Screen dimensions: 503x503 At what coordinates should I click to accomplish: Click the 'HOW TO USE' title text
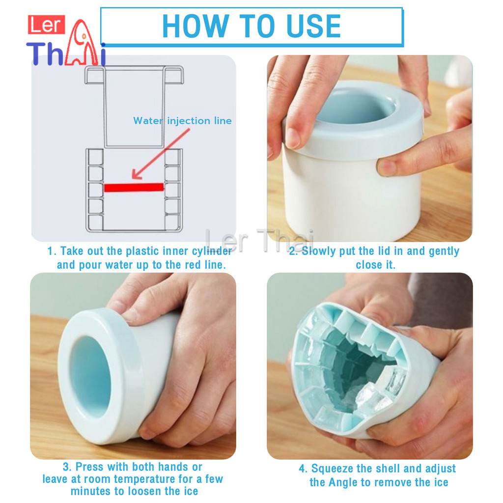[251, 26]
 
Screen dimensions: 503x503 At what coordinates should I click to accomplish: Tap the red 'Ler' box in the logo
[46, 25]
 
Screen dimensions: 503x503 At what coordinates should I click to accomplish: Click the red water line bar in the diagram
[134, 187]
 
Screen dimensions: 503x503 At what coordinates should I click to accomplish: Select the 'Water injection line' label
[182, 121]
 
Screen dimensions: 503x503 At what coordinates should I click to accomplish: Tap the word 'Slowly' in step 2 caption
[316, 251]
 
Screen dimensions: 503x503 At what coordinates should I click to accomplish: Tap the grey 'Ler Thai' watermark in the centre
[259, 241]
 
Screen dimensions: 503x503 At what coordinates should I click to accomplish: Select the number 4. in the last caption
[303, 469]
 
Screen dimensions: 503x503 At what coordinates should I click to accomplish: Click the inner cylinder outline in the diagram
[134, 107]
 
